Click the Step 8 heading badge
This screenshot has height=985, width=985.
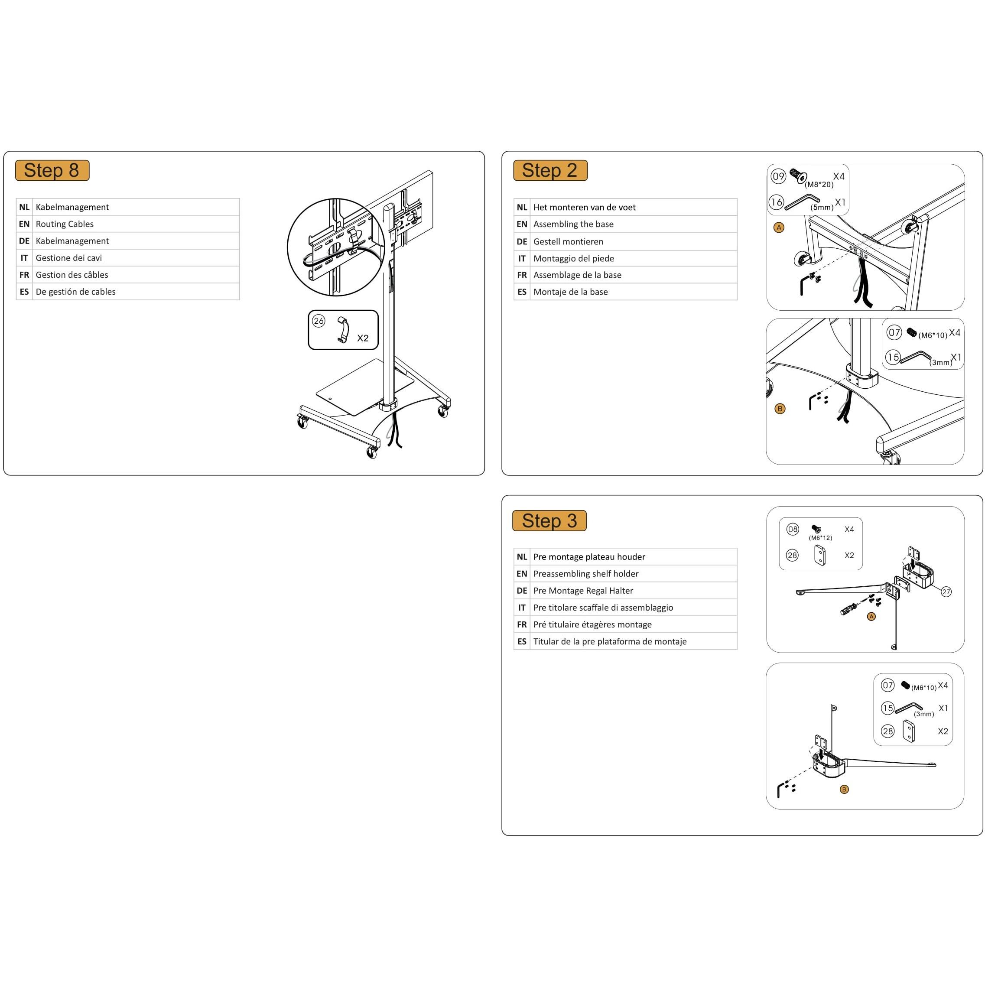(x=52, y=170)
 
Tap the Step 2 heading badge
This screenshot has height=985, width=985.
(x=550, y=170)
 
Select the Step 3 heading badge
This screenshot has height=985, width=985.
(x=549, y=520)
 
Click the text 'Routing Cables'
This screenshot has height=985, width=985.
(x=64, y=224)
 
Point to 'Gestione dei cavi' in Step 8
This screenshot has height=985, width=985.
(x=68, y=258)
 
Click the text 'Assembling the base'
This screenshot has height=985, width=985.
(x=573, y=224)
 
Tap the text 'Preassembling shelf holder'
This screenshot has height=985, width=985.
(x=586, y=574)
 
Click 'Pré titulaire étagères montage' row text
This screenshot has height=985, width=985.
(x=592, y=624)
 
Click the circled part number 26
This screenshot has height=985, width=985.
(x=319, y=321)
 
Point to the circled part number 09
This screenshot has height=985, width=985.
(x=778, y=176)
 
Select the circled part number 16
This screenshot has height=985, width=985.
(x=776, y=202)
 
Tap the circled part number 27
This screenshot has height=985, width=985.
(x=946, y=592)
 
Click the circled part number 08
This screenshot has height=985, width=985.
(x=793, y=529)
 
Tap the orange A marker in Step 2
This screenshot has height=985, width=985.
(x=779, y=228)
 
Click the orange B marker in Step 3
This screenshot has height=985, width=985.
(x=844, y=789)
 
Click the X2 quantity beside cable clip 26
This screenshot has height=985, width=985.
(x=362, y=338)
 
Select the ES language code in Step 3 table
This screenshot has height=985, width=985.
(x=522, y=641)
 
